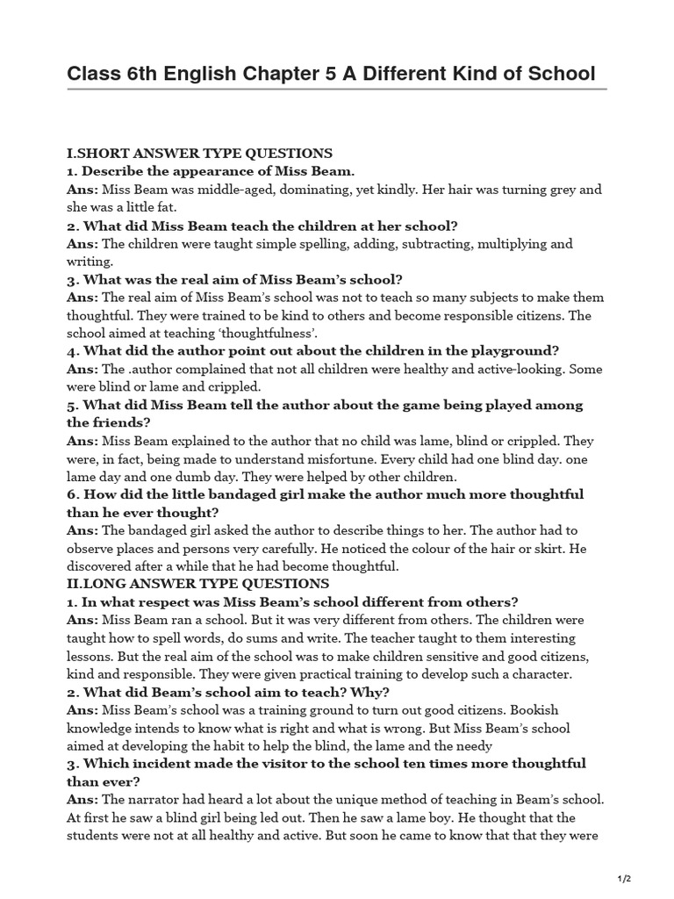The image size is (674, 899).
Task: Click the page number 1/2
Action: click(x=625, y=879)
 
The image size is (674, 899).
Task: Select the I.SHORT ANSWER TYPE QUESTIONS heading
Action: click(x=199, y=153)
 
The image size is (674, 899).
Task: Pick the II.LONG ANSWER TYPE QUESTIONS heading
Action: click(x=198, y=584)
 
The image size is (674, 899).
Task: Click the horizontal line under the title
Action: click(x=337, y=90)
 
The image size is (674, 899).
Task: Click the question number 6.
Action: click(x=72, y=494)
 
